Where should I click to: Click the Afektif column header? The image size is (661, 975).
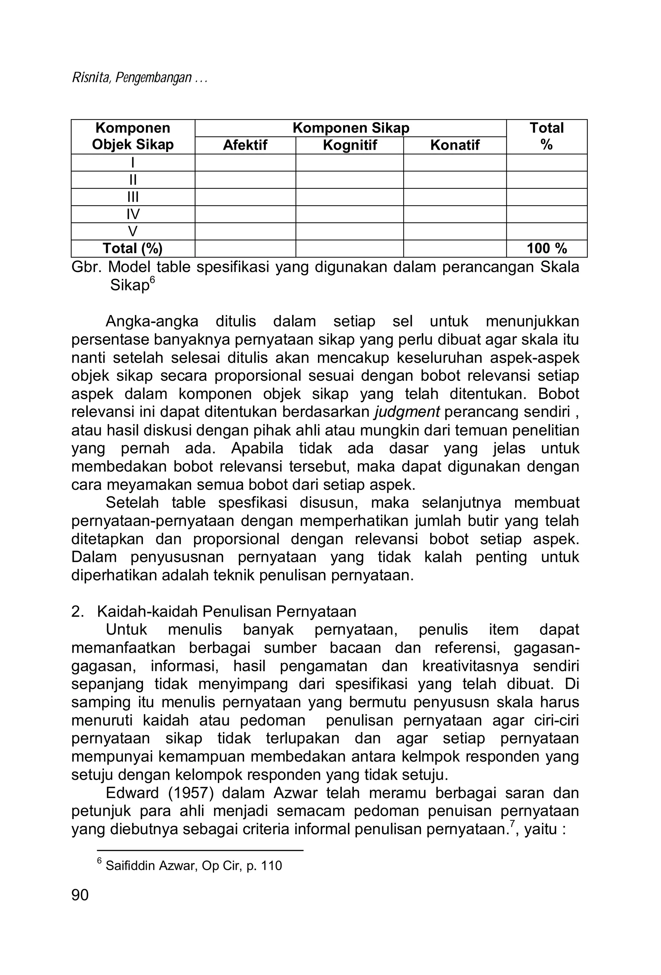(245, 145)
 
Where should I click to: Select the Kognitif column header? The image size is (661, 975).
(349, 145)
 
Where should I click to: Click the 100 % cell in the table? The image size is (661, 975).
(546, 249)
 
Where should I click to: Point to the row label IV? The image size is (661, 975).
(133, 214)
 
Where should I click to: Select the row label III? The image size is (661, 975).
(133, 197)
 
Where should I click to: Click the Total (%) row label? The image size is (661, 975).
(133, 249)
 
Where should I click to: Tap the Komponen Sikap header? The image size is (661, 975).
(351, 128)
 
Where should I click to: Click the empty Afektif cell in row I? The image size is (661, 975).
(245, 162)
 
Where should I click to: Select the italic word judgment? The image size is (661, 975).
(407, 412)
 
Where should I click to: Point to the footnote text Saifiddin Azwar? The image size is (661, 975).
(151, 866)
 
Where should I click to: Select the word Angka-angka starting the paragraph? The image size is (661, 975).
(152, 322)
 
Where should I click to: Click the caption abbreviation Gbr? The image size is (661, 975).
(87, 267)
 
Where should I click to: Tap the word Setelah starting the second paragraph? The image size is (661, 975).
(132, 503)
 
